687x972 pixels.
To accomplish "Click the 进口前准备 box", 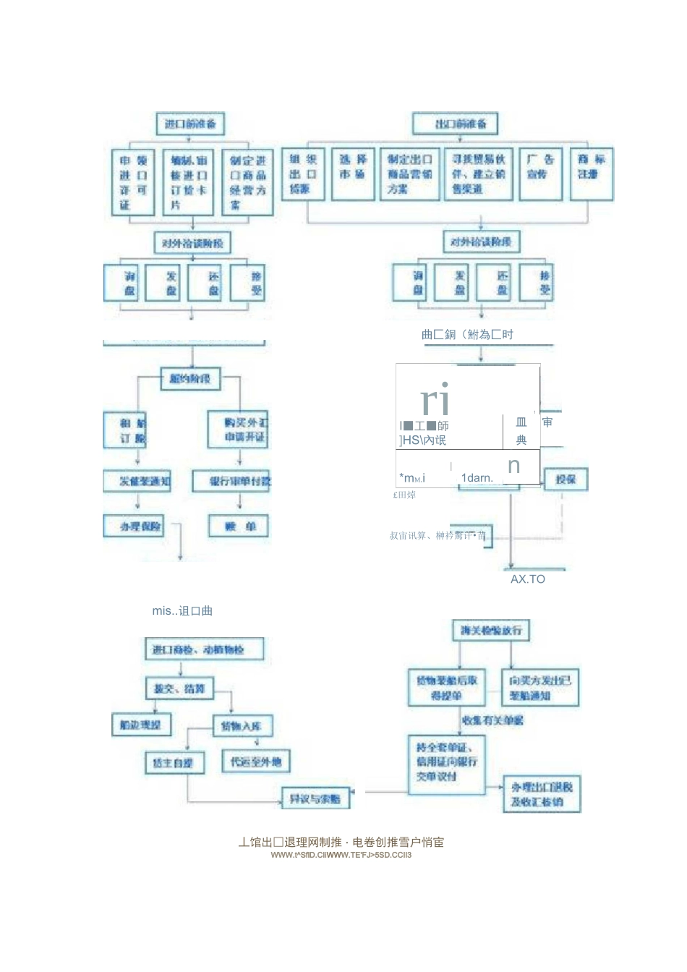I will coord(190,124).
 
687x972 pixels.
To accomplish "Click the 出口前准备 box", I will coord(461,124).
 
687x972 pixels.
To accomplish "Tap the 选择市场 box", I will coord(353,174).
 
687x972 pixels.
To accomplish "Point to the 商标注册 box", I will coord(591,174).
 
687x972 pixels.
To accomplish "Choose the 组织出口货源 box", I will coord(303,174).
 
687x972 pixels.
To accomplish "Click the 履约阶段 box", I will coord(190,378).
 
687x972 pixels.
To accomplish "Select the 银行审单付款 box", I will coord(231,481).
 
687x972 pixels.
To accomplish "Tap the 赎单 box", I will coord(238,526).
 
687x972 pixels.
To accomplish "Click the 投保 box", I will coord(565,479).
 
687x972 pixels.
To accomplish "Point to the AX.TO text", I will coord(528,579).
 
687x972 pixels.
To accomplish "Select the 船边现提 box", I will coord(141,725).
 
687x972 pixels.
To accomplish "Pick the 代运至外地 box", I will coord(255,762).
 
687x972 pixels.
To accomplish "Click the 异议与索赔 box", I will coord(315,798).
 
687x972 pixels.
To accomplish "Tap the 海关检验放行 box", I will coord(490,631).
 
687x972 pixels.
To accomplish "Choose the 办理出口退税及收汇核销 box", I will coord(542,794).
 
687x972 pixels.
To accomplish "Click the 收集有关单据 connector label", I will coord(492,720).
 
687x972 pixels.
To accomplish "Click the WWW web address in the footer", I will coord(341,855).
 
